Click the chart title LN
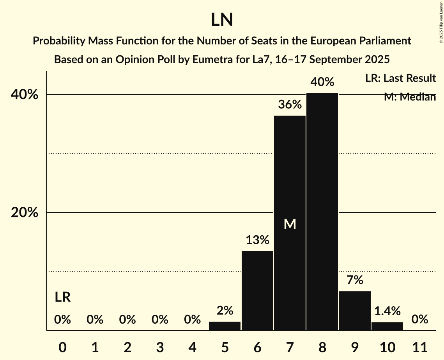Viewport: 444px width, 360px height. [222, 20]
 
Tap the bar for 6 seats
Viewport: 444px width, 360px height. [257, 291]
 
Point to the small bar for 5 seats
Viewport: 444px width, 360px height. [225, 326]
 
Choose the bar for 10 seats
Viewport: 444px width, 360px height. [387, 326]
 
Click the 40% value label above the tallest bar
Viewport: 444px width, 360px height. [322, 82]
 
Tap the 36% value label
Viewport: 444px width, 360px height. [290, 104]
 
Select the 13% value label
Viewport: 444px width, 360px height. [257, 240]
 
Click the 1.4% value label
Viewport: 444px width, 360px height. [387, 311]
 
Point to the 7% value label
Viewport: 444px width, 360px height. [355, 280]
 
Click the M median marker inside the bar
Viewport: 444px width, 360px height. [290, 224]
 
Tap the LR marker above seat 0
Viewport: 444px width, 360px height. [62, 298]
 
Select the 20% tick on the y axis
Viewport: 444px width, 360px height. [24, 213]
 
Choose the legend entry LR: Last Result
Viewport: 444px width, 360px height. [400, 78]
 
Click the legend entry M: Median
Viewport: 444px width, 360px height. [410, 97]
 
